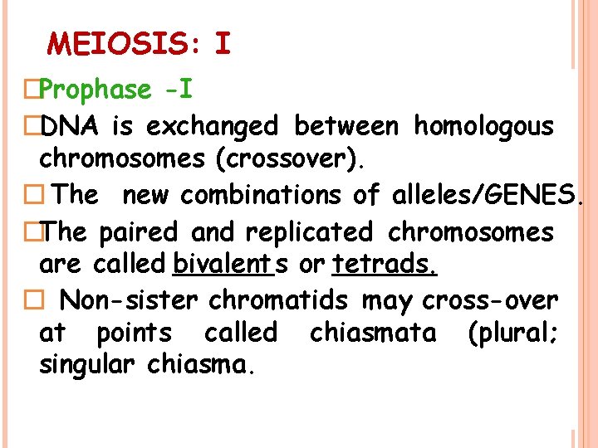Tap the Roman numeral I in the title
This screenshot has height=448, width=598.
point(222,43)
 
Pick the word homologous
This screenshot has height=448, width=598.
point(483,126)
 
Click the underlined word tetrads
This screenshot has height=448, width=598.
point(385,265)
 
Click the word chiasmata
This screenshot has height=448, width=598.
point(372,333)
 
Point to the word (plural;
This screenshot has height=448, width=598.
point(513,333)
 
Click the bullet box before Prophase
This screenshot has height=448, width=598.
point(32,90)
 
